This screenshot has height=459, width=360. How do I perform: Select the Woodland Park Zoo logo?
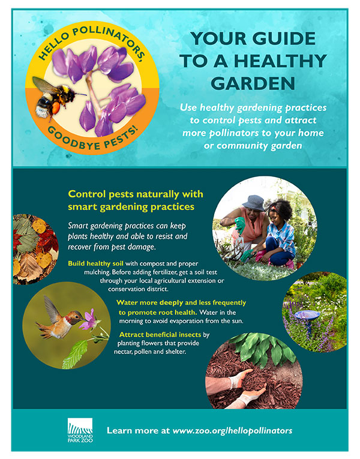pos(79,430)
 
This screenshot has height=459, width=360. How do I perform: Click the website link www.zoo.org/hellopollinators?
pos(232,431)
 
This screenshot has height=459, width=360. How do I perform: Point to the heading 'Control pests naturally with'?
pos(136,194)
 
